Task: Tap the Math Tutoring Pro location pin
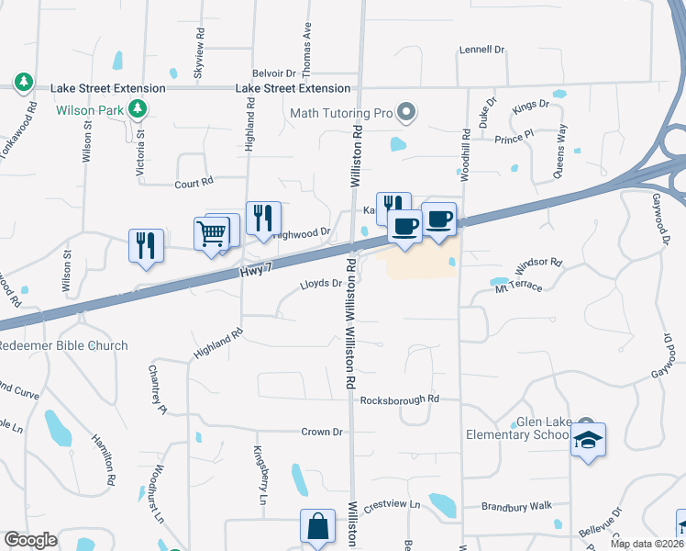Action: [407, 114]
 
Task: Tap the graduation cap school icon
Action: [587, 440]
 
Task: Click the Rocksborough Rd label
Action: [400, 399]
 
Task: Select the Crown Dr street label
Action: [322, 432]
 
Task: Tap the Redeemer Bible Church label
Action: [63, 345]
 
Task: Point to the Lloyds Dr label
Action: [321, 285]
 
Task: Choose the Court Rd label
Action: [194, 184]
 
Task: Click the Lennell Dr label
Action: [483, 50]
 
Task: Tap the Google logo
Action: [30, 540]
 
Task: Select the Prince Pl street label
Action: [514, 138]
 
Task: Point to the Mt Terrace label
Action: [520, 288]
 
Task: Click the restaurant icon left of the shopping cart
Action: [146, 245]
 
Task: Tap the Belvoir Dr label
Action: [273, 72]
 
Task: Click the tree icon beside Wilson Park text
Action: [138, 110]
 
